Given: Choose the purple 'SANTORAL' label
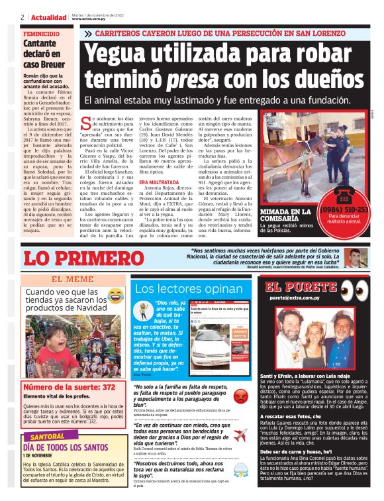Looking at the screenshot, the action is click(47, 437).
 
